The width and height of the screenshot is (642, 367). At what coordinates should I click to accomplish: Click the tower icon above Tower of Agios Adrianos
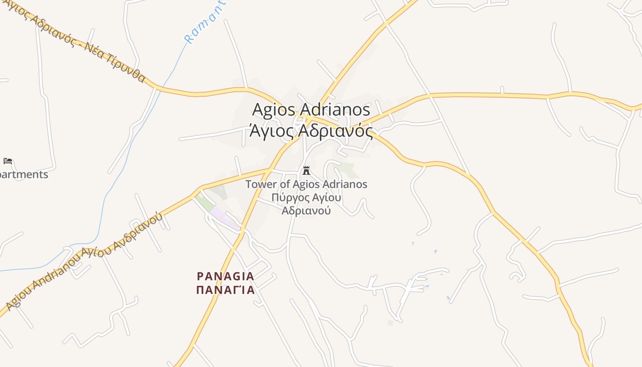coord(306,171)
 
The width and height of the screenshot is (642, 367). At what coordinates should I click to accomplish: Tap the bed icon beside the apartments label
coord(8,161)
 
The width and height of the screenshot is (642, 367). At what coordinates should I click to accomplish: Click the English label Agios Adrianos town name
coord(311,110)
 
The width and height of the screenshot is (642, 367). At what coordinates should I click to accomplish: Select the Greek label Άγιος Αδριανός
coord(311,131)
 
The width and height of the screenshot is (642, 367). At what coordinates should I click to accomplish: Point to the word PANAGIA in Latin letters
coord(225,276)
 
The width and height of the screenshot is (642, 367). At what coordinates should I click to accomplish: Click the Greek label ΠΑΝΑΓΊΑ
coord(225,290)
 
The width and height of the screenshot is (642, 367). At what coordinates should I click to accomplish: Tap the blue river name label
coord(205,23)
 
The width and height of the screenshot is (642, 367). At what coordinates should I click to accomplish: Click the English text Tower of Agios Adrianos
coord(306,184)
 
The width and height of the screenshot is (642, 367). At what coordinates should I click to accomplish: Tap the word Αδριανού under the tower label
coord(306,211)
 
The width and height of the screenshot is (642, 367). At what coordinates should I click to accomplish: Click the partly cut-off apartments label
coord(23,174)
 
